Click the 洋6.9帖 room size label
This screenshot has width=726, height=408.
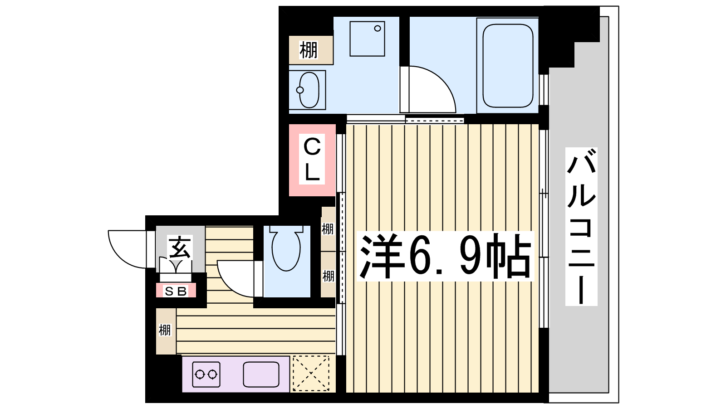click(x=446, y=256)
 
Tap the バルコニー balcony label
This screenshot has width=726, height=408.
click(x=581, y=226)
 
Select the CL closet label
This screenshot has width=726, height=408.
click(x=312, y=159)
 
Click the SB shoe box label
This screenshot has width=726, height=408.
click(x=176, y=291)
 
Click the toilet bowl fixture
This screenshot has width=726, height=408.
click(x=286, y=248)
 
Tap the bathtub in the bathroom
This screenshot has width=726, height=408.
click(x=508, y=66)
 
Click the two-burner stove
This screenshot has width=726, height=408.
click(x=206, y=374)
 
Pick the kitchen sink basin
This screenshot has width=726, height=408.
click(x=261, y=374)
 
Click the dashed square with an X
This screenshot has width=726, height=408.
click(x=311, y=374)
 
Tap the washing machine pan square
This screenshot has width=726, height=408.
click(x=367, y=39)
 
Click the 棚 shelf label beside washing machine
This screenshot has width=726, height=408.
click(x=308, y=50)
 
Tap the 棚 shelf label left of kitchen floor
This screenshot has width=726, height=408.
click(x=165, y=330)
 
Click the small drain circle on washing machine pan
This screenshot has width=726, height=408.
click(x=377, y=29)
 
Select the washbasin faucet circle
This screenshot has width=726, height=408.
click(x=300, y=90)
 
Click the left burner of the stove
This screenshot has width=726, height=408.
click(x=199, y=374)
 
